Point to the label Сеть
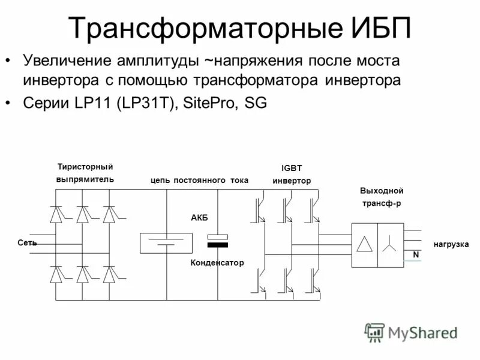point(27,243)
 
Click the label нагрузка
point(451,245)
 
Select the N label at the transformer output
point(415,255)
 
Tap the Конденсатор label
point(218,263)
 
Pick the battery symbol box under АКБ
point(166,243)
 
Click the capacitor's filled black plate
point(218,245)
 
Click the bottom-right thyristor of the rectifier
point(109,275)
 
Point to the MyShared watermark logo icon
point(375,331)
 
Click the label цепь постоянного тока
point(199,180)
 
